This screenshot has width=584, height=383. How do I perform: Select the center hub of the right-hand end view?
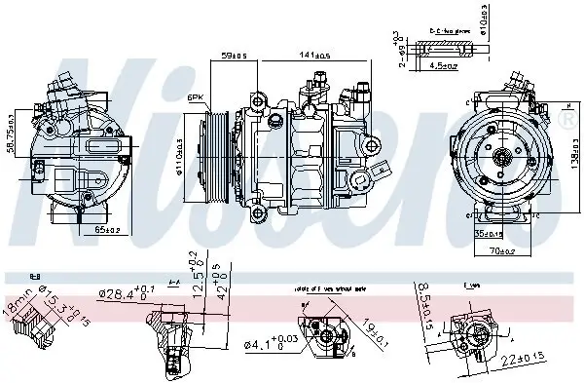504,155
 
